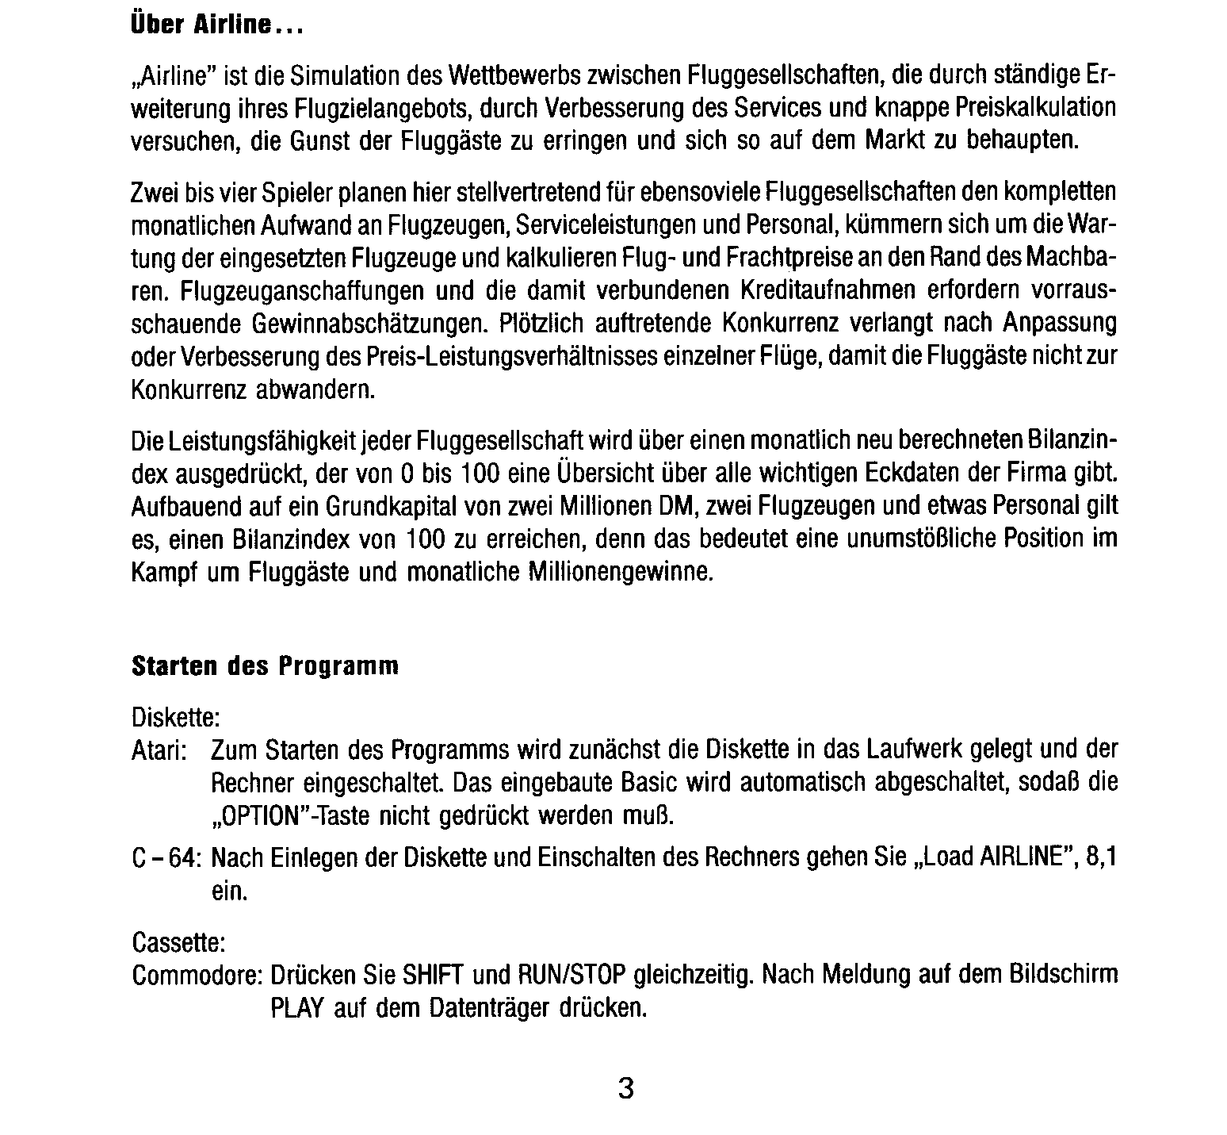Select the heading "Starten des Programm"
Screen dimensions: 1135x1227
tap(265, 665)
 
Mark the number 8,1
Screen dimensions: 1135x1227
tap(1101, 858)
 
